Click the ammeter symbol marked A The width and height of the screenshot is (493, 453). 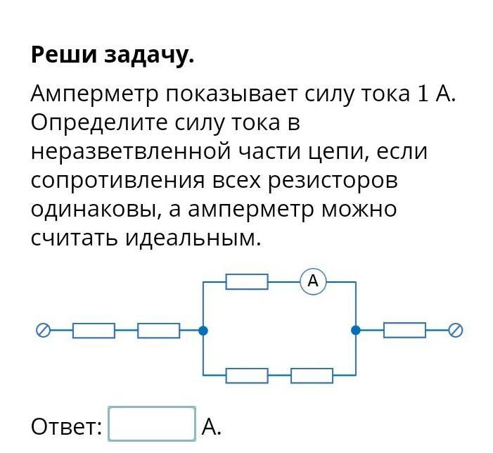[x=313, y=281]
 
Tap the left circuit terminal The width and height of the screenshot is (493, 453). [x=43, y=330]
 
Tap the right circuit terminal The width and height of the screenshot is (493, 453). [x=456, y=330]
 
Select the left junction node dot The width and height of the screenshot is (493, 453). [x=203, y=330]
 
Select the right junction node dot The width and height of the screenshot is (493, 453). [x=356, y=330]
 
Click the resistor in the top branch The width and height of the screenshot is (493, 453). [x=247, y=281]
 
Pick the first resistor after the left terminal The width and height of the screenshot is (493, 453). [x=94, y=330]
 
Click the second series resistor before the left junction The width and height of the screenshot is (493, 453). [x=158, y=330]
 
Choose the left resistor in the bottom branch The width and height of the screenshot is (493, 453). [x=247, y=376]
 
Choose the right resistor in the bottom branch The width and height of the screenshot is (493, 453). [x=312, y=376]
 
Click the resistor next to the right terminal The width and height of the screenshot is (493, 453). [x=404, y=330]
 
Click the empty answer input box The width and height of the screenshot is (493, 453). [x=152, y=424]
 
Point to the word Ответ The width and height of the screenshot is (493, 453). [x=67, y=426]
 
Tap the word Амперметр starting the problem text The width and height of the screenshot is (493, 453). [x=94, y=94]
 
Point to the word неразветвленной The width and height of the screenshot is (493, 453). [x=131, y=152]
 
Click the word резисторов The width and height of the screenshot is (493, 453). [x=332, y=181]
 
